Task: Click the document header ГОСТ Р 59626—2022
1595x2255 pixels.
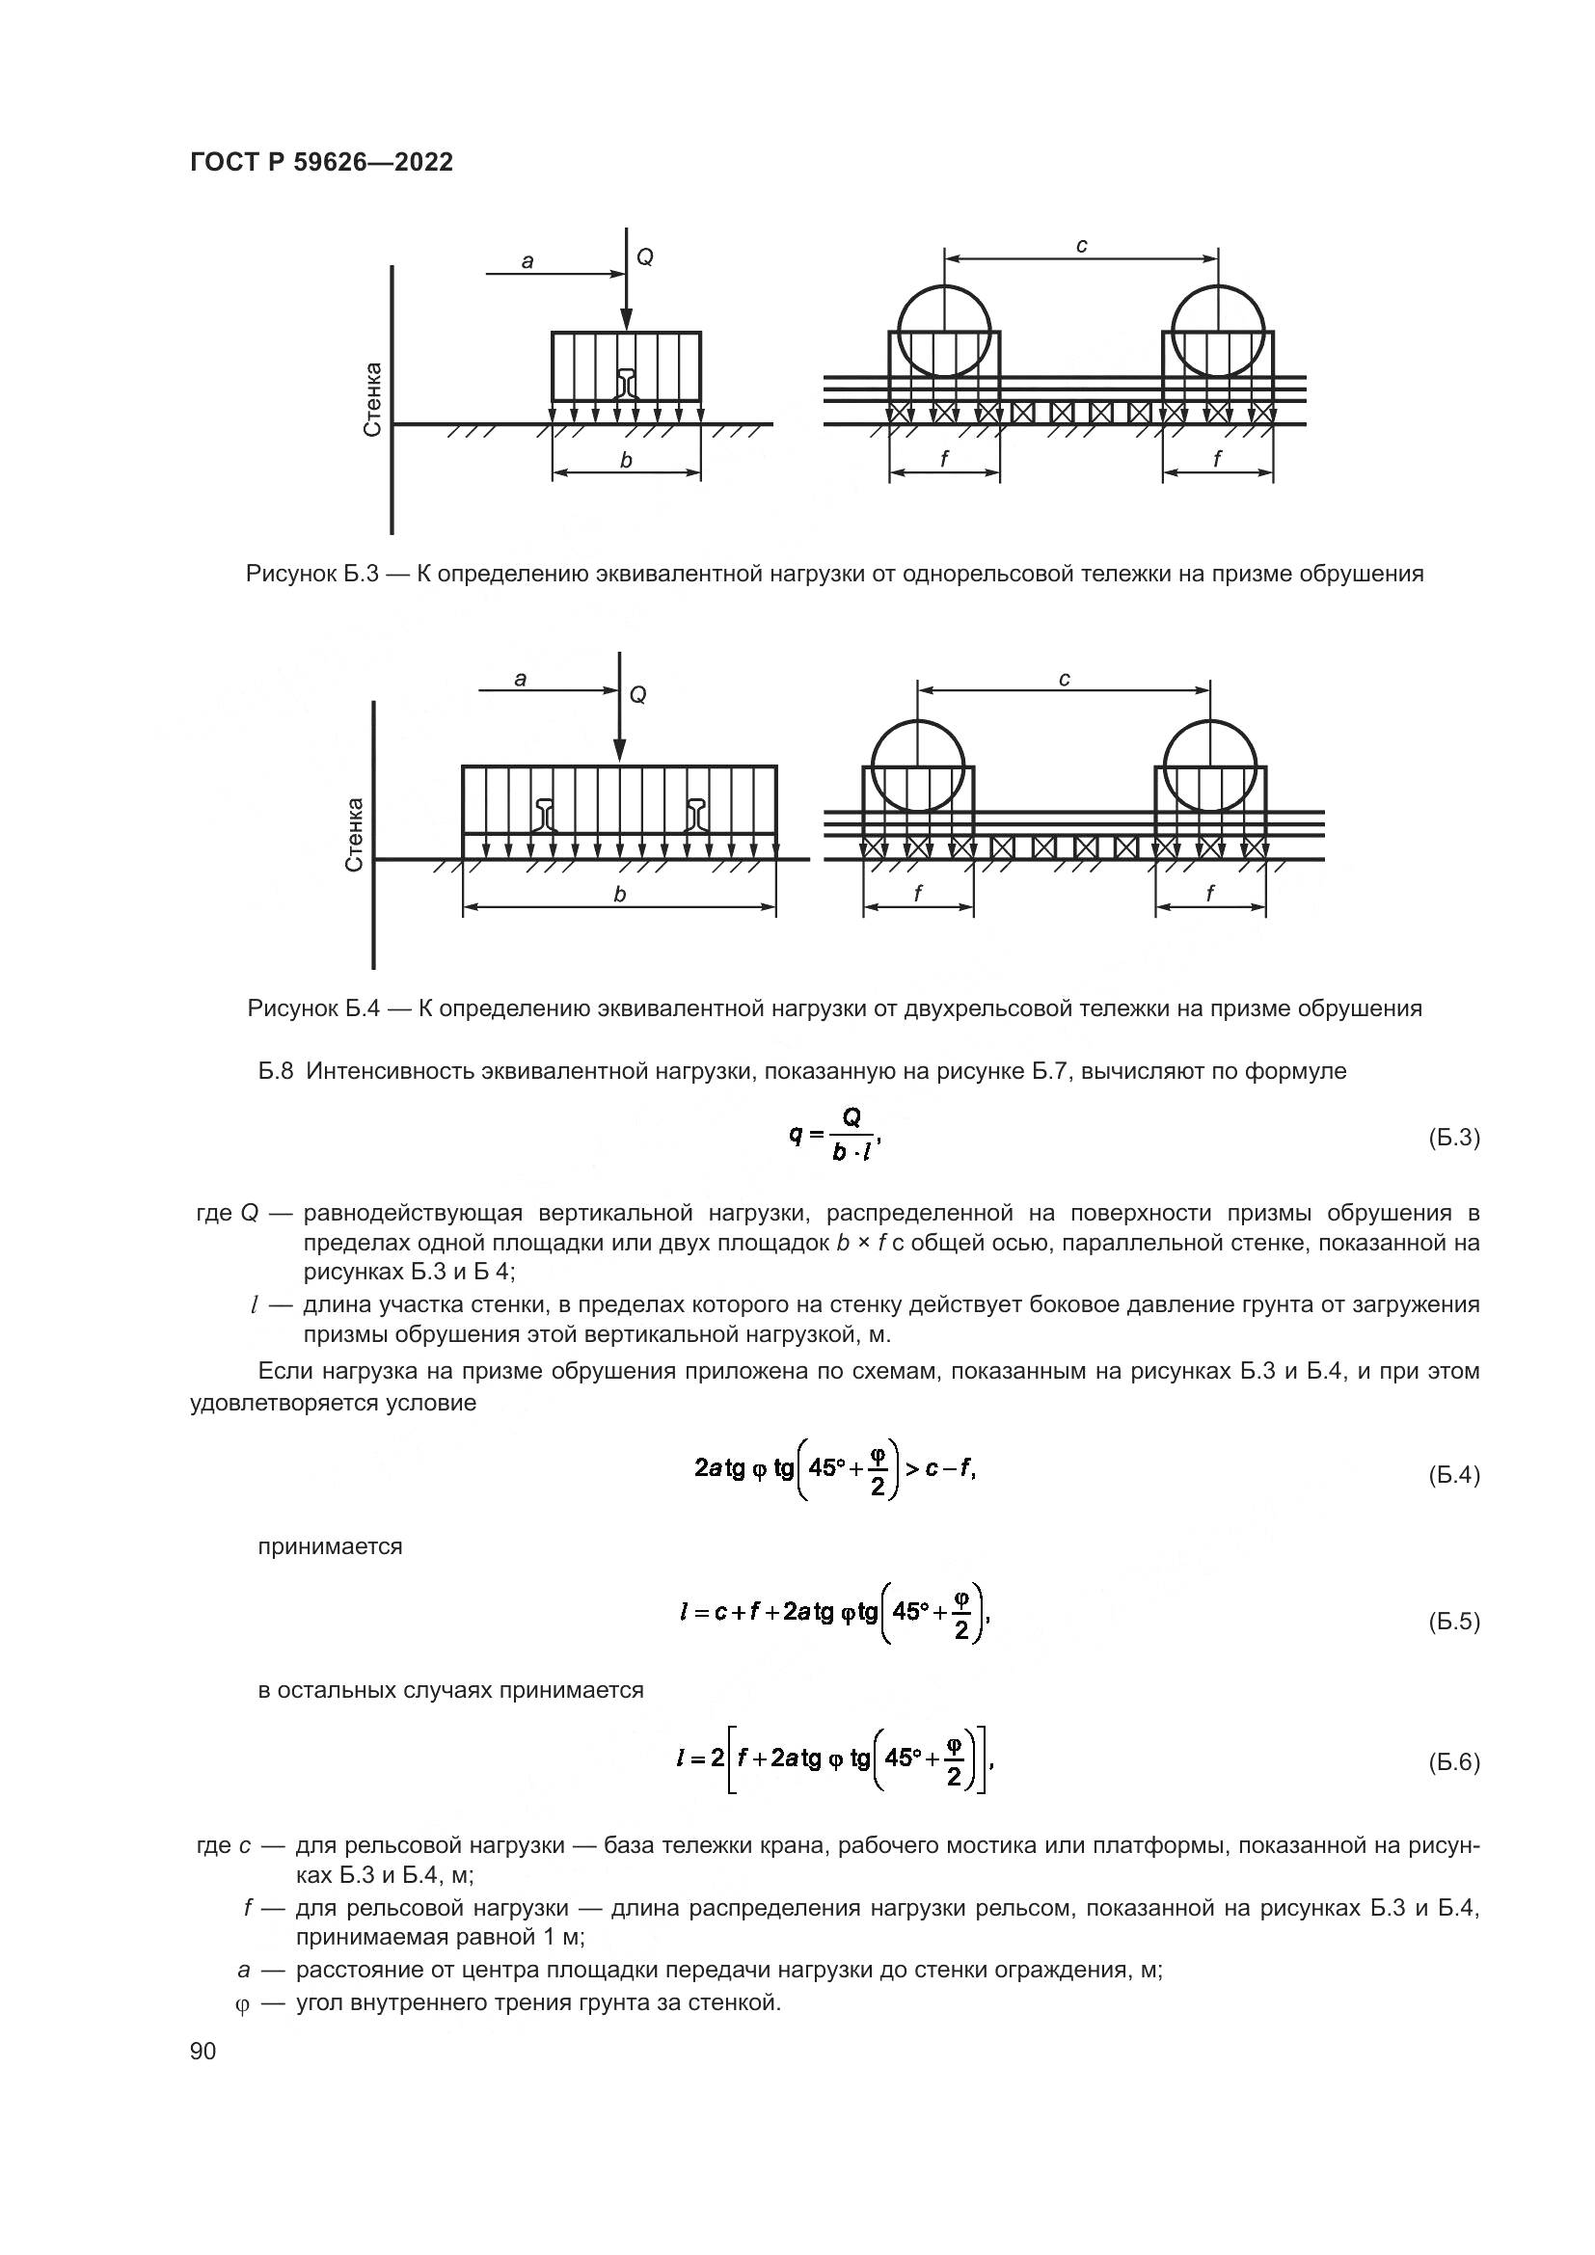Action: (321, 163)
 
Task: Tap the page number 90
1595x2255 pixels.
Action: (203, 2051)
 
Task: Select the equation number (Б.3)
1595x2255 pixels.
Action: (1453, 1138)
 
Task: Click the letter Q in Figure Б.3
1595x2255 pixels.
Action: (645, 257)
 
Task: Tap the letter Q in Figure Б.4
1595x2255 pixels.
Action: (638, 695)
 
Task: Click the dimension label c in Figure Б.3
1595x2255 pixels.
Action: (1081, 246)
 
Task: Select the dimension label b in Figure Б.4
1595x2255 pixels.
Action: (620, 894)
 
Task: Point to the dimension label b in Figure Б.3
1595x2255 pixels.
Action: (626, 460)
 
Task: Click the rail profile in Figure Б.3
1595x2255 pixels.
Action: (627, 383)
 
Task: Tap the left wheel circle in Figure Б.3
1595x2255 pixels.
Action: (944, 331)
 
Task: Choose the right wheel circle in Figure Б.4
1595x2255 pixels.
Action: (1209, 765)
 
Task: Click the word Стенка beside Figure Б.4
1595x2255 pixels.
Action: (355, 834)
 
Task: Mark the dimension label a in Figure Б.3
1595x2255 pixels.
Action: (527, 261)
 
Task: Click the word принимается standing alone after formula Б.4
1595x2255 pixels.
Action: (330, 1546)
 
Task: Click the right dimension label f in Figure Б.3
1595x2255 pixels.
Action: (1218, 458)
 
